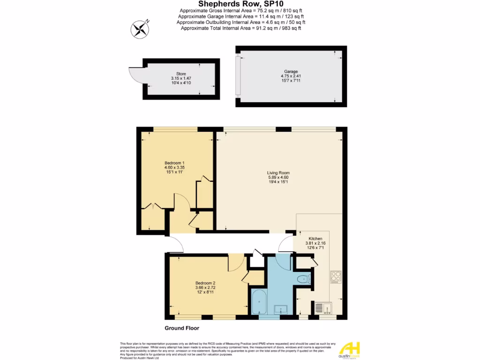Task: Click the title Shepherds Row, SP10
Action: [x=240, y=4]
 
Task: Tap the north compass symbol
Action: [x=139, y=30]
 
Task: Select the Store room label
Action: [x=181, y=74]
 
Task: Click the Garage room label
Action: [x=291, y=72]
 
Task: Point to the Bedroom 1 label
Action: [x=174, y=163]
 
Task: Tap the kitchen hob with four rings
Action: [x=336, y=277]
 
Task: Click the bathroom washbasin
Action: [x=281, y=309]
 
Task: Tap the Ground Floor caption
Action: [x=182, y=328]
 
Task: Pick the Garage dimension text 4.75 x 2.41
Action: [x=291, y=76]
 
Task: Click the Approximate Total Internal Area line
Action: [x=240, y=28]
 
